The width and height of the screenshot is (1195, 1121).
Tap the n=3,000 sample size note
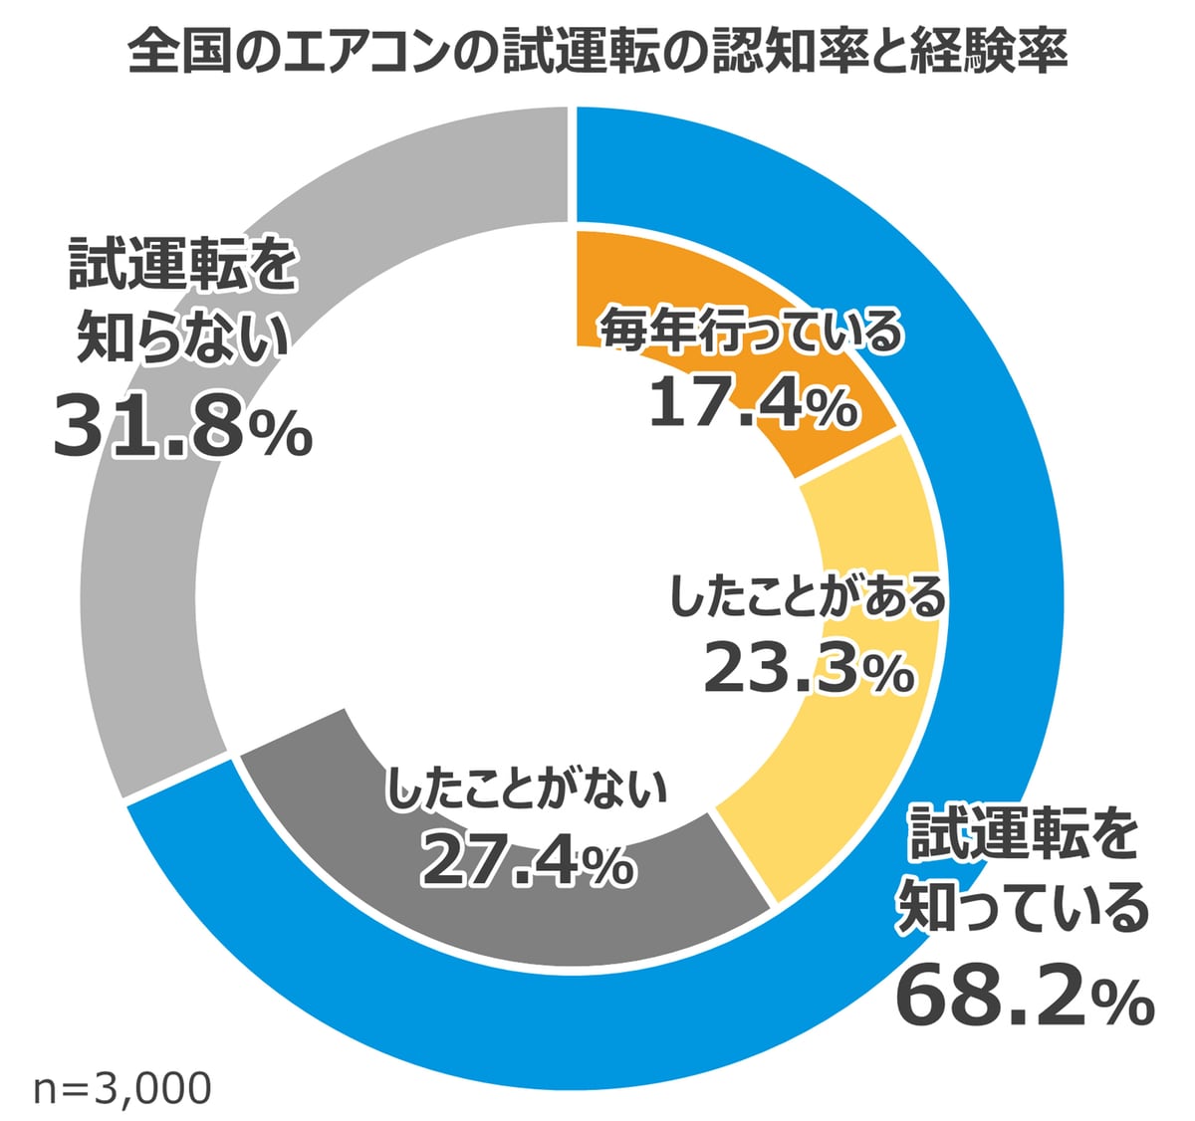(x=121, y=1088)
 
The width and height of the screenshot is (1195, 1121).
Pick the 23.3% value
(x=809, y=669)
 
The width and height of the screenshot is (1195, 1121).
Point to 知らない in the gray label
(x=183, y=338)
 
